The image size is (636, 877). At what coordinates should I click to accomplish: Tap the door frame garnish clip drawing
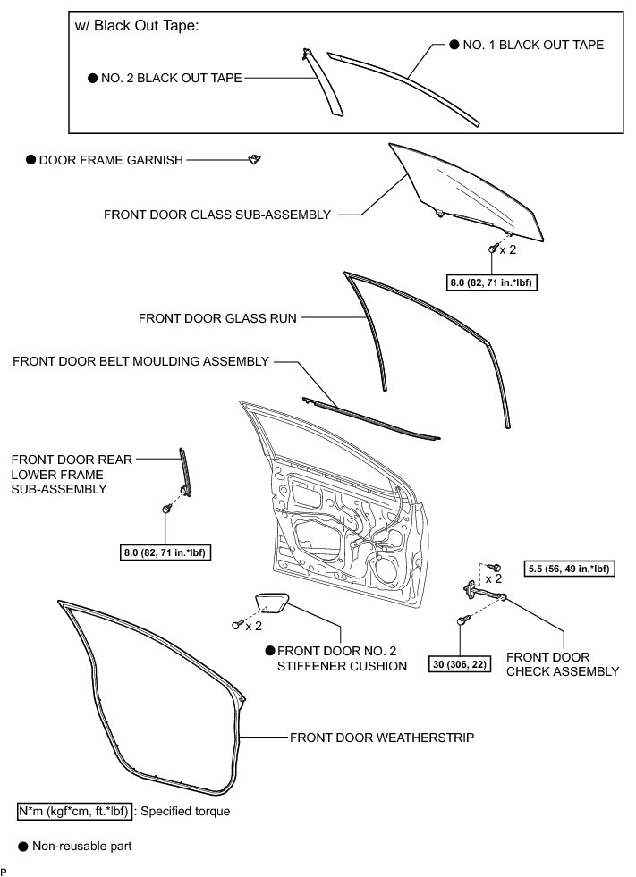pos(255,159)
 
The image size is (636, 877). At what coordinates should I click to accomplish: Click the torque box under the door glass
pos(496,282)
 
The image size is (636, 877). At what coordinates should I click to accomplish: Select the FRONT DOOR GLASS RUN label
pos(217,316)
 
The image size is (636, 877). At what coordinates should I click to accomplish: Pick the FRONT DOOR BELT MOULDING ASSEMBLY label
pos(140,361)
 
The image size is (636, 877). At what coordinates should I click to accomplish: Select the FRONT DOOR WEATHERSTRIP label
pos(382,738)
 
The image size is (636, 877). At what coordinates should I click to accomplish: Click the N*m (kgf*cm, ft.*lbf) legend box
pos(73,812)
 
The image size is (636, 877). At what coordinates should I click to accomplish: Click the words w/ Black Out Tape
pos(137,25)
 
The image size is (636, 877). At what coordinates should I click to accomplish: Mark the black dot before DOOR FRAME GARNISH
pos(30,160)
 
